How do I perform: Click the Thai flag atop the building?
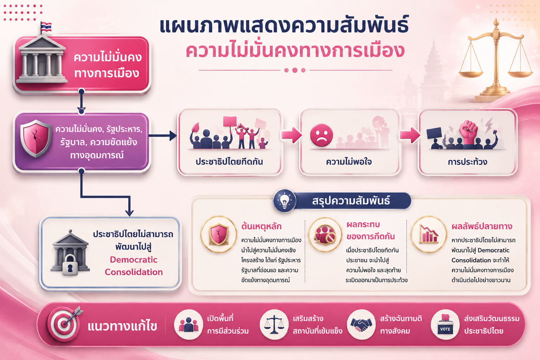pyautogui.click(x=46, y=26)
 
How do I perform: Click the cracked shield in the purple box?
pyautogui.click(x=36, y=139)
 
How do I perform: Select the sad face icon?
pyautogui.click(x=321, y=135)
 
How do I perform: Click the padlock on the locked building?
pyautogui.click(x=70, y=265)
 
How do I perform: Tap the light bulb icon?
pyautogui.click(x=285, y=201)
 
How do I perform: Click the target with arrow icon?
pyautogui.click(x=65, y=323)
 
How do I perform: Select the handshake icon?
pyautogui.click(x=361, y=324)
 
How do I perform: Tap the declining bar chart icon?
pyautogui.click(x=429, y=234)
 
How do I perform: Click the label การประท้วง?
pyautogui.click(x=468, y=162)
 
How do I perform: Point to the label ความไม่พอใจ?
pyautogui.click(x=349, y=162)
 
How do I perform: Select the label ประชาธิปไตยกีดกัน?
pyautogui.click(x=229, y=162)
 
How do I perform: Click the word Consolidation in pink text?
pyautogui.click(x=134, y=272)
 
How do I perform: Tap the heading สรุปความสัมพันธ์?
pyautogui.click(x=351, y=201)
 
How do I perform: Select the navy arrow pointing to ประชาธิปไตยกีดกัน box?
pyautogui.click(x=163, y=135)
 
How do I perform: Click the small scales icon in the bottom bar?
pyautogui.click(x=274, y=324)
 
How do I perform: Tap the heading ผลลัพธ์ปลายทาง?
pyautogui.click(x=482, y=226)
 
